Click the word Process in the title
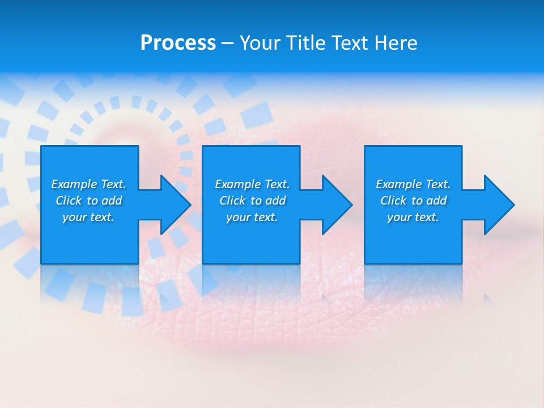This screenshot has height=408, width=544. click(x=178, y=43)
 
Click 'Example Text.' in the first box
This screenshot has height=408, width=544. click(x=88, y=184)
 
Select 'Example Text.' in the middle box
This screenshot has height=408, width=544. click(x=252, y=184)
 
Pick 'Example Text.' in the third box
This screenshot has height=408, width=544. click(x=413, y=184)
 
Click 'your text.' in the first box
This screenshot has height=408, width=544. click(x=88, y=217)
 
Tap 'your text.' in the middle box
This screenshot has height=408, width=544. click(x=252, y=217)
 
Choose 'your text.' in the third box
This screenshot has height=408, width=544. click(x=413, y=217)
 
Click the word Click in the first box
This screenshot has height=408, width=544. click(x=69, y=201)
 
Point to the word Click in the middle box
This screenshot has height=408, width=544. click(x=232, y=201)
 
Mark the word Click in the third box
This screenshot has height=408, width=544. click(x=393, y=201)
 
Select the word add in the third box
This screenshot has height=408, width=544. click(x=436, y=201)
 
